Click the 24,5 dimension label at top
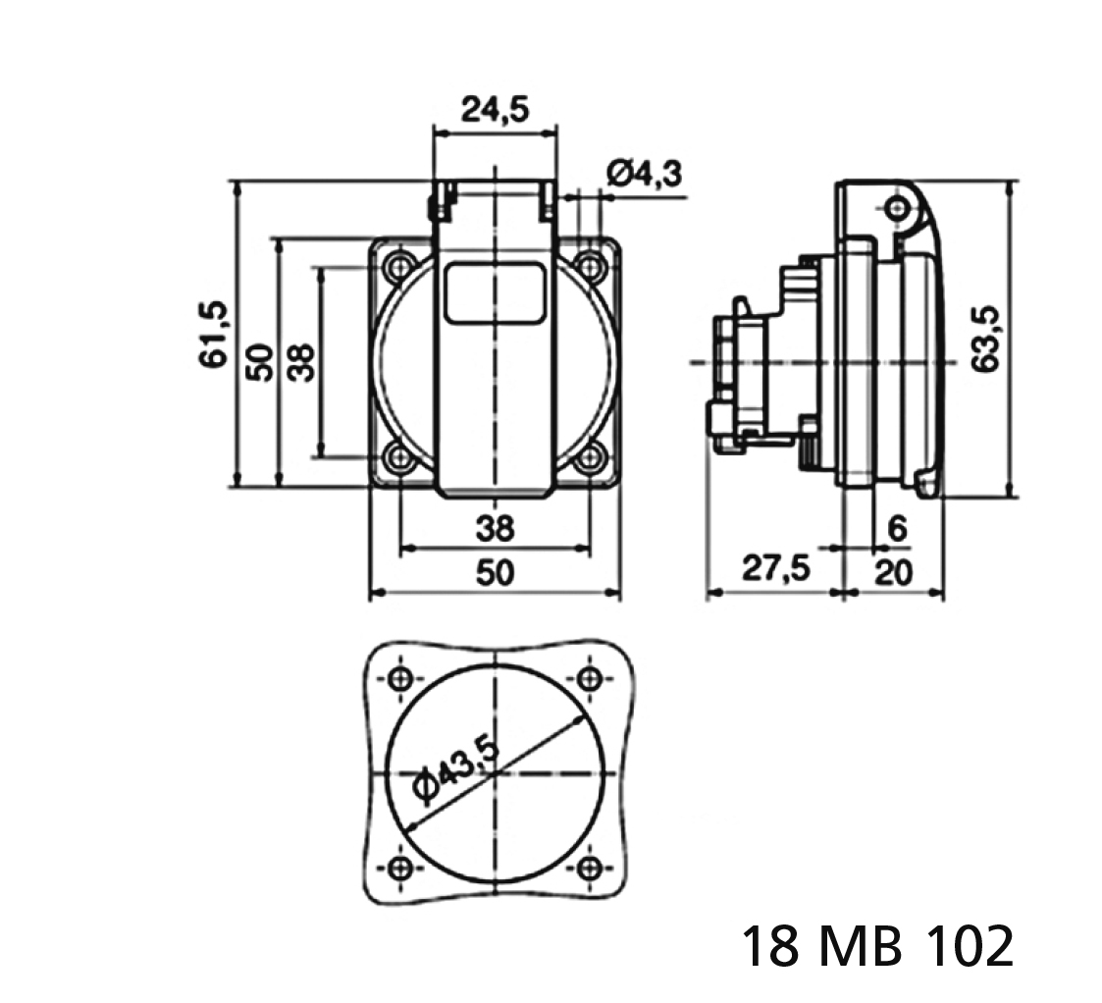click(x=495, y=109)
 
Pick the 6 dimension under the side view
click(x=896, y=528)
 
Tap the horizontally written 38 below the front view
click(x=496, y=529)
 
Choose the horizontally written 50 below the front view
click(x=496, y=571)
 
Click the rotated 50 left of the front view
click(x=257, y=361)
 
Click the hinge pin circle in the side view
click(x=896, y=207)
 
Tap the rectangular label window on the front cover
click(x=496, y=291)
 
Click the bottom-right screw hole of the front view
click(x=589, y=456)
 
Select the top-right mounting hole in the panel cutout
click(x=590, y=678)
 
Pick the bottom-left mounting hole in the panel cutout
click(x=400, y=867)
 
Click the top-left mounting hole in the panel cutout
click(x=400, y=678)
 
